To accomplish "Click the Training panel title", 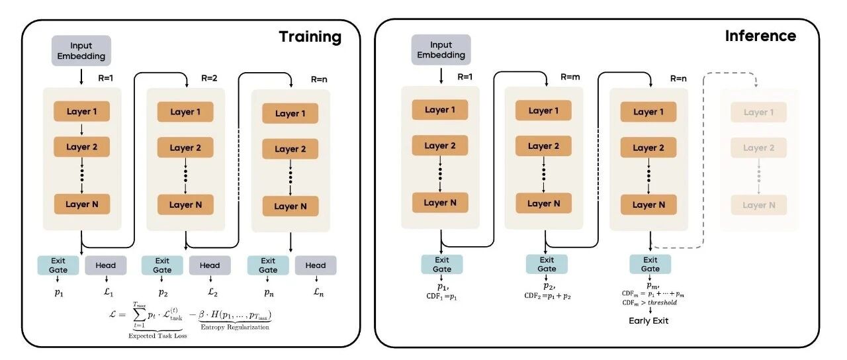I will click(310, 36).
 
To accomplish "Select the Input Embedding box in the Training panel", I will click(81, 51).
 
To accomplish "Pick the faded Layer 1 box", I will click(758, 112).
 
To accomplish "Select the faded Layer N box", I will click(758, 205).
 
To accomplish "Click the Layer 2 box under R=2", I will click(185, 148).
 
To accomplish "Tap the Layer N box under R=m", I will click(545, 203).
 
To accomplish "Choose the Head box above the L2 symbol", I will click(210, 265).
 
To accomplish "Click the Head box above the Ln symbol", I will click(316, 265).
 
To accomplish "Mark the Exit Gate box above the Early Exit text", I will click(650, 264).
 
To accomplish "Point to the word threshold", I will click(664, 302).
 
